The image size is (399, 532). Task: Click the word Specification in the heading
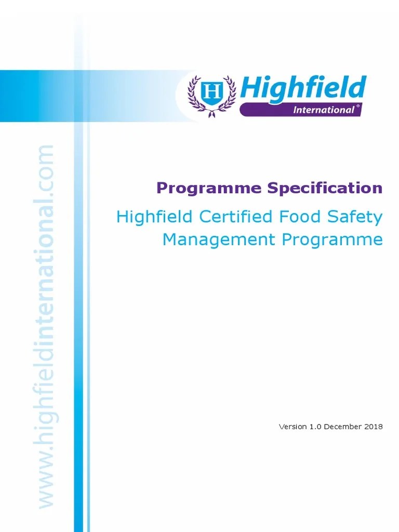[325, 188]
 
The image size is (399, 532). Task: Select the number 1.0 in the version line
[313, 427]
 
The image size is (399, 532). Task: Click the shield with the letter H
[212, 92]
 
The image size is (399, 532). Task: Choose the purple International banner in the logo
[300, 110]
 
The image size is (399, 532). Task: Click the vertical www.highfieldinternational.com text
[45, 327]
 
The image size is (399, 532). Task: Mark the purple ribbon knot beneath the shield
[212, 113]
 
